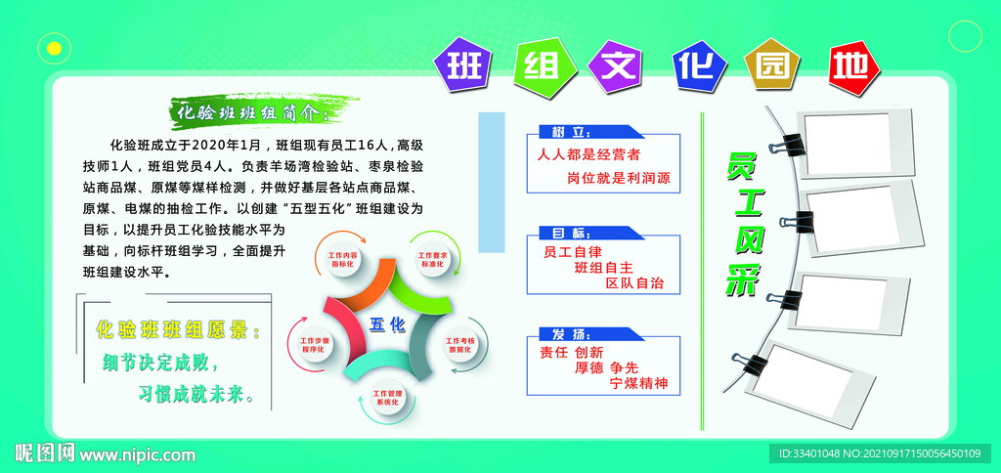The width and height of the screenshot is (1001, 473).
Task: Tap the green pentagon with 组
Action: click(541, 65)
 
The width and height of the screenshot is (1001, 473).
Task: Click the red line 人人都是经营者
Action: click(588, 154)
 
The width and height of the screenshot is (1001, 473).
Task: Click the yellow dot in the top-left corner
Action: click(55, 47)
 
